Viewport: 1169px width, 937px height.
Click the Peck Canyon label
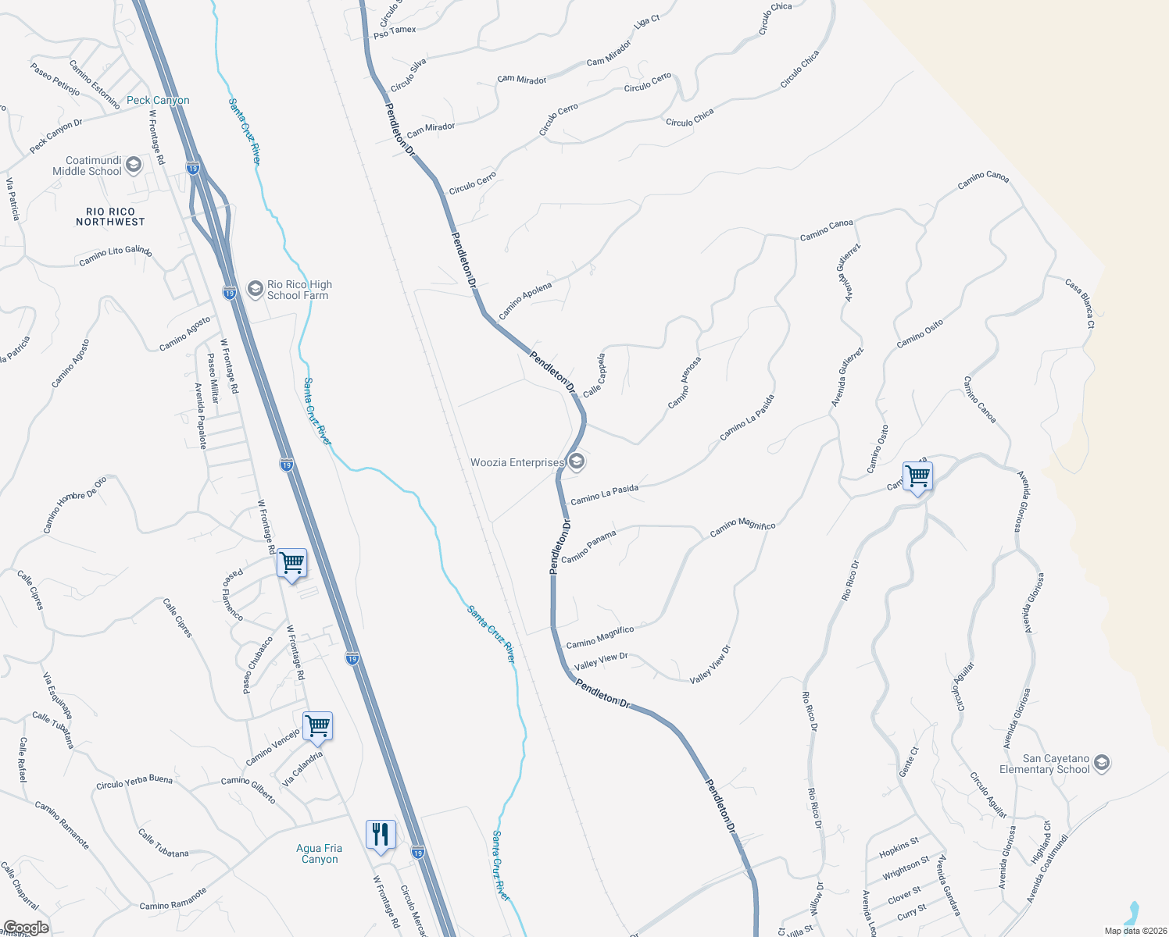158,101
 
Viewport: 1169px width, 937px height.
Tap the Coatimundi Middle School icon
134,164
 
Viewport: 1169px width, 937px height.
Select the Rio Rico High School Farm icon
255,289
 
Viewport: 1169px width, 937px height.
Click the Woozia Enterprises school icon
576,462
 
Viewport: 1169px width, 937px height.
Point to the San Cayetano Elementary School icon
1101,763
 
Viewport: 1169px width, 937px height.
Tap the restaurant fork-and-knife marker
381,835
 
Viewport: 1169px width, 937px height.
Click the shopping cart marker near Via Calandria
317,726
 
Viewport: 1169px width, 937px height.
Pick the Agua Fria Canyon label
319,853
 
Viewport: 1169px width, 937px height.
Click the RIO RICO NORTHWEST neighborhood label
110,217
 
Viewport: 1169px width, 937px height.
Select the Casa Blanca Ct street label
1080,303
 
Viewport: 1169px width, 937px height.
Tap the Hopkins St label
899,846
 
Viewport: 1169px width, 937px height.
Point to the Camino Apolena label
525,301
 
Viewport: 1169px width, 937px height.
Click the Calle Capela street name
594,376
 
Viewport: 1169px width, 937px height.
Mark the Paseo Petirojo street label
55,79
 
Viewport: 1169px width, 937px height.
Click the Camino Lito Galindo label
116,255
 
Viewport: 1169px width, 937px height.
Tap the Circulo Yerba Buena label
134,782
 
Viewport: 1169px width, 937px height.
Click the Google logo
26,928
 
